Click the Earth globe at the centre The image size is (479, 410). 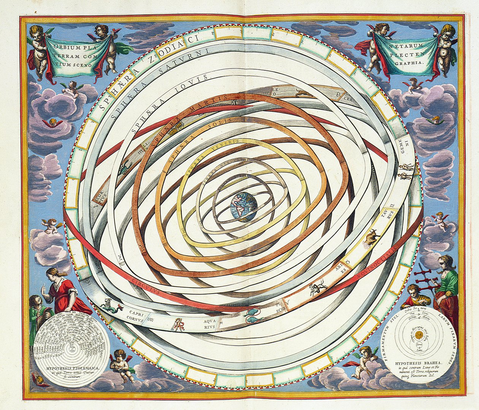[244, 207]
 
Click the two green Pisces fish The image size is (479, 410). [251, 316]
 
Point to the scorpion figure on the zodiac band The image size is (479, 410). [124, 167]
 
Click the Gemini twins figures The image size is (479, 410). [406, 171]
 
